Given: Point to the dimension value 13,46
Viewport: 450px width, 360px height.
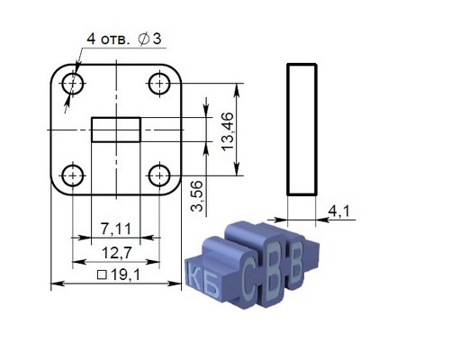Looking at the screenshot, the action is point(227,131).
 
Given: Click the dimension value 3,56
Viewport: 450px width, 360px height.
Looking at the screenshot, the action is point(197,196).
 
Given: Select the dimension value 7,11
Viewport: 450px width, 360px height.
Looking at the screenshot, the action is point(116,229).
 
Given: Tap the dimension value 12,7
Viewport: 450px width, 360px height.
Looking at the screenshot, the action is point(117,253).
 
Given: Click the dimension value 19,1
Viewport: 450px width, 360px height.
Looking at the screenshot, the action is point(125,274).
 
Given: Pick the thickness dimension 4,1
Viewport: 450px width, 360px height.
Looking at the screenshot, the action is point(339,211).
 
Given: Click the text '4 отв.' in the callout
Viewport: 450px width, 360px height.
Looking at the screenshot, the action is point(107,39).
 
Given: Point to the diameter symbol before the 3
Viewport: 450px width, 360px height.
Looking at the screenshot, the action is point(144,39).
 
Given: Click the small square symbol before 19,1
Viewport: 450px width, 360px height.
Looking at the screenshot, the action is point(103,275).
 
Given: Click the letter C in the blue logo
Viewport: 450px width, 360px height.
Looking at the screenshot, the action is point(250,276).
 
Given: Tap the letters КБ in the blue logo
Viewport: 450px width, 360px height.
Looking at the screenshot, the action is point(202,282).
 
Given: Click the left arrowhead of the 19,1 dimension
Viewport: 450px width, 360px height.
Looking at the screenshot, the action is point(57,283).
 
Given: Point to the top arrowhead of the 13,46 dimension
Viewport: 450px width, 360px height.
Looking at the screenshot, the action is point(237,89).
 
